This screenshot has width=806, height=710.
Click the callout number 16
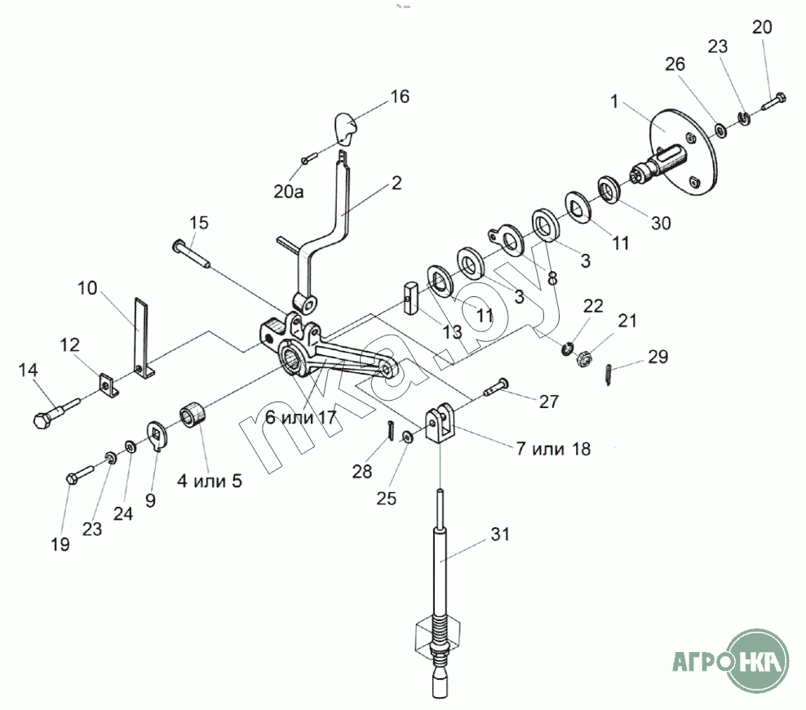[400, 96]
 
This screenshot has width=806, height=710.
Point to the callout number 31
[499, 535]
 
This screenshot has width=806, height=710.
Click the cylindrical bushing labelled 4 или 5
[193, 414]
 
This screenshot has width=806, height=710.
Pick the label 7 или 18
[553, 449]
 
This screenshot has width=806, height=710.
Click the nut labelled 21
[583, 358]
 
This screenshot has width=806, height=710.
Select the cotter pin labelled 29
[608, 375]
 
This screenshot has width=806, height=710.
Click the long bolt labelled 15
[191, 253]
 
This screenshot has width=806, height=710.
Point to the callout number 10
[86, 288]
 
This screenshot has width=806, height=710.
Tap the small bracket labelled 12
[109, 385]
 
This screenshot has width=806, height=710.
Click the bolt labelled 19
[80, 473]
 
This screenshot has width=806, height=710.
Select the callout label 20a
[288, 192]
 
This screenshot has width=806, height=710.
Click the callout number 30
[661, 223]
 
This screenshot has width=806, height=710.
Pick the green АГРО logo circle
[757, 661]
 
